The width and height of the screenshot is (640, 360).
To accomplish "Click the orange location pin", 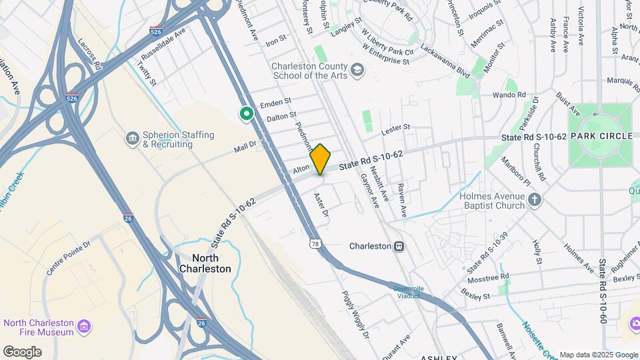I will [x=321, y=159].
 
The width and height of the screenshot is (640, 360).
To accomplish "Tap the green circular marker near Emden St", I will [x=247, y=114].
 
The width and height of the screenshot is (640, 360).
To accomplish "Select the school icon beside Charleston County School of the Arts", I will [x=358, y=69].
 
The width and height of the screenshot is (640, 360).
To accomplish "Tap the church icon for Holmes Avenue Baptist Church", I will [x=535, y=199].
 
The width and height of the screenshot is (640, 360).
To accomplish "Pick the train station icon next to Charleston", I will [x=399, y=246].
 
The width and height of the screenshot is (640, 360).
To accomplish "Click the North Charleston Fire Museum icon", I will [x=85, y=327].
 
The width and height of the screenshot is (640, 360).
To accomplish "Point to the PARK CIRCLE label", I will [x=605, y=136].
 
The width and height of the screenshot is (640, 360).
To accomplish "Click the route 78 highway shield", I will [x=314, y=237].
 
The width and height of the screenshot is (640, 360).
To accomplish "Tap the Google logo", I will [x=22, y=351].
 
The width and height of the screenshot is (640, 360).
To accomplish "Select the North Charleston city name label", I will [x=205, y=263].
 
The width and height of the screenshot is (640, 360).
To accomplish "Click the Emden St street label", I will [x=276, y=103].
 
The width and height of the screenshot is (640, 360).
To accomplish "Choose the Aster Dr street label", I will [x=322, y=204].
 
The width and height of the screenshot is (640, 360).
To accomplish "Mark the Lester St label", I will [x=395, y=127].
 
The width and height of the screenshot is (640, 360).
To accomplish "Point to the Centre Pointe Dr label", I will [x=67, y=262].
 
